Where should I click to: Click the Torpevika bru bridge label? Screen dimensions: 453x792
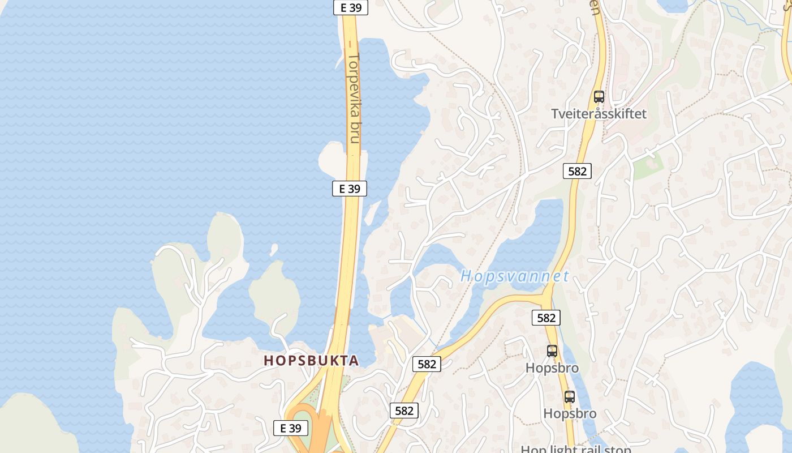(355, 97)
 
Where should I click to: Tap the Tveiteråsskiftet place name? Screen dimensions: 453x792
(599, 114)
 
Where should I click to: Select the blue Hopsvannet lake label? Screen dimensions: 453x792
(514, 276)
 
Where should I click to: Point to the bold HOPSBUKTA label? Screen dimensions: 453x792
(311, 361)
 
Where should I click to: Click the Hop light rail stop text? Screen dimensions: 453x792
(576, 449)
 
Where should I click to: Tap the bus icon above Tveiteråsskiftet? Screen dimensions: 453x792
(599, 97)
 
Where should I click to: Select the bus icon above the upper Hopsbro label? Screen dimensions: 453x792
(552, 351)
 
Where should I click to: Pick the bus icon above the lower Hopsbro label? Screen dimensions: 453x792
(570, 397)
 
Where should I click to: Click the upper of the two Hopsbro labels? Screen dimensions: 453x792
(552, 368)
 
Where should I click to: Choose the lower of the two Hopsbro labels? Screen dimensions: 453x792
(570, 413)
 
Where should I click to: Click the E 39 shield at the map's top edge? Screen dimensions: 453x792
(351, 7)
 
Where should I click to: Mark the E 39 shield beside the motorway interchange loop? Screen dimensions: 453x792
(291, 428)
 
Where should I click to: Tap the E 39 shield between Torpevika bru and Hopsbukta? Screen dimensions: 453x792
(350, 189)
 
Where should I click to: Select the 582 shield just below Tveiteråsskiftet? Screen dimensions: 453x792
(577, 171)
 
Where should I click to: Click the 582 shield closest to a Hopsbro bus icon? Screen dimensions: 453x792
(546, 318)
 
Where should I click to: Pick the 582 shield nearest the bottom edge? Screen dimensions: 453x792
(404, 411)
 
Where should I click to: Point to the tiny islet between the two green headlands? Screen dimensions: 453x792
(274, 249)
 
